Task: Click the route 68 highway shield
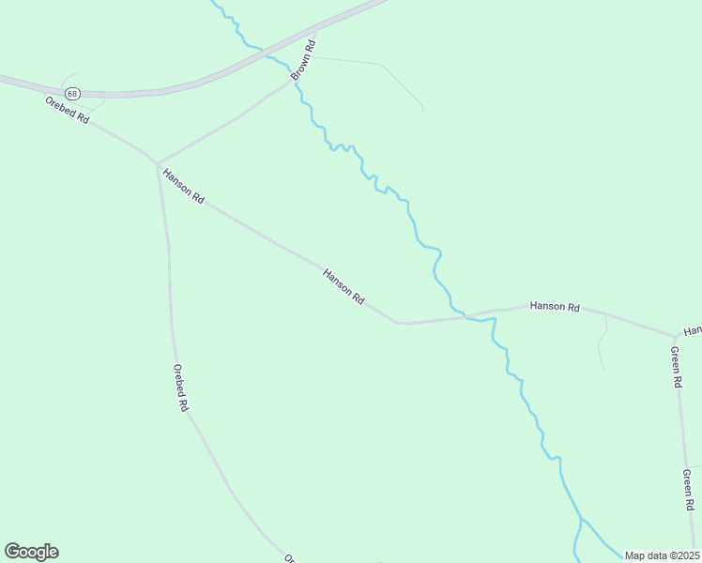tap(71, 93)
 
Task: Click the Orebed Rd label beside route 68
tap(67, 110)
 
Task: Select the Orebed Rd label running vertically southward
tap(181, 388)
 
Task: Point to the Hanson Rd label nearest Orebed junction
tap(183, 186)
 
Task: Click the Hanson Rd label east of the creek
tap(554, 307)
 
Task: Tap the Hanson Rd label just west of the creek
tap(343, 286)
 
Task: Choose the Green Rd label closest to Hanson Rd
tap(675, 367)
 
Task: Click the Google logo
tap(31, 552)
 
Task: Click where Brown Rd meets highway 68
tap(316, 30)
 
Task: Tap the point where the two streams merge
tap(581, 519)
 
